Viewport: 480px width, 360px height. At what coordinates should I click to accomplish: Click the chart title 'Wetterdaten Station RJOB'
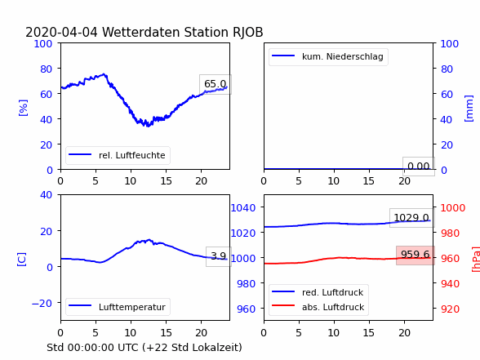182,32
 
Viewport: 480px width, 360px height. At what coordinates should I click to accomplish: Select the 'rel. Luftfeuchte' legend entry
117,155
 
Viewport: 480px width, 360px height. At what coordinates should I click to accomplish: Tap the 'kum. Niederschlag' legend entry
327,56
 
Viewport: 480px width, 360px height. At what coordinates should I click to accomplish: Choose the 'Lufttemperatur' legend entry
117,307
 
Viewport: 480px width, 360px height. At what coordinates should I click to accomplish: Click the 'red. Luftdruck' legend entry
318,292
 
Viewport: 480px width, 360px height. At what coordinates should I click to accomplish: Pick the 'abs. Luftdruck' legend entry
318,307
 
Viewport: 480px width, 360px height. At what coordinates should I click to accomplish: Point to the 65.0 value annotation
216,84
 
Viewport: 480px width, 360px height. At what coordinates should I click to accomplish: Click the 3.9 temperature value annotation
218,256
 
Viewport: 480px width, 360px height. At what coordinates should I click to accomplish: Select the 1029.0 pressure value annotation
411,218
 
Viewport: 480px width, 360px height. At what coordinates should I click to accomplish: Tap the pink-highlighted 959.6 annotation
415,255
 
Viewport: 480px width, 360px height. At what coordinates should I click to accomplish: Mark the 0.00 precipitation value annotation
419,167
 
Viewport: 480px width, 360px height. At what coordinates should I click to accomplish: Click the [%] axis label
23,108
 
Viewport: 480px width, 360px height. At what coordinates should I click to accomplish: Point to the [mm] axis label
469,109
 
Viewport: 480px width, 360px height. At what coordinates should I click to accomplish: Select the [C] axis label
22,260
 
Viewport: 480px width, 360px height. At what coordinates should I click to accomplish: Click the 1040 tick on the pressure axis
243,208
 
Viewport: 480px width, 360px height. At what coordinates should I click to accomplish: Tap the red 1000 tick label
453,208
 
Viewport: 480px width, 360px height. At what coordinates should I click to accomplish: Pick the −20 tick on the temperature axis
42,304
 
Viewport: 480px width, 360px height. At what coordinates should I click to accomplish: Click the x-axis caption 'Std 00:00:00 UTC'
93,348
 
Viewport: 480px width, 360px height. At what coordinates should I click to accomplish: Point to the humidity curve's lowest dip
149,125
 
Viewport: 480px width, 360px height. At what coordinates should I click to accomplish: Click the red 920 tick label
450,309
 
